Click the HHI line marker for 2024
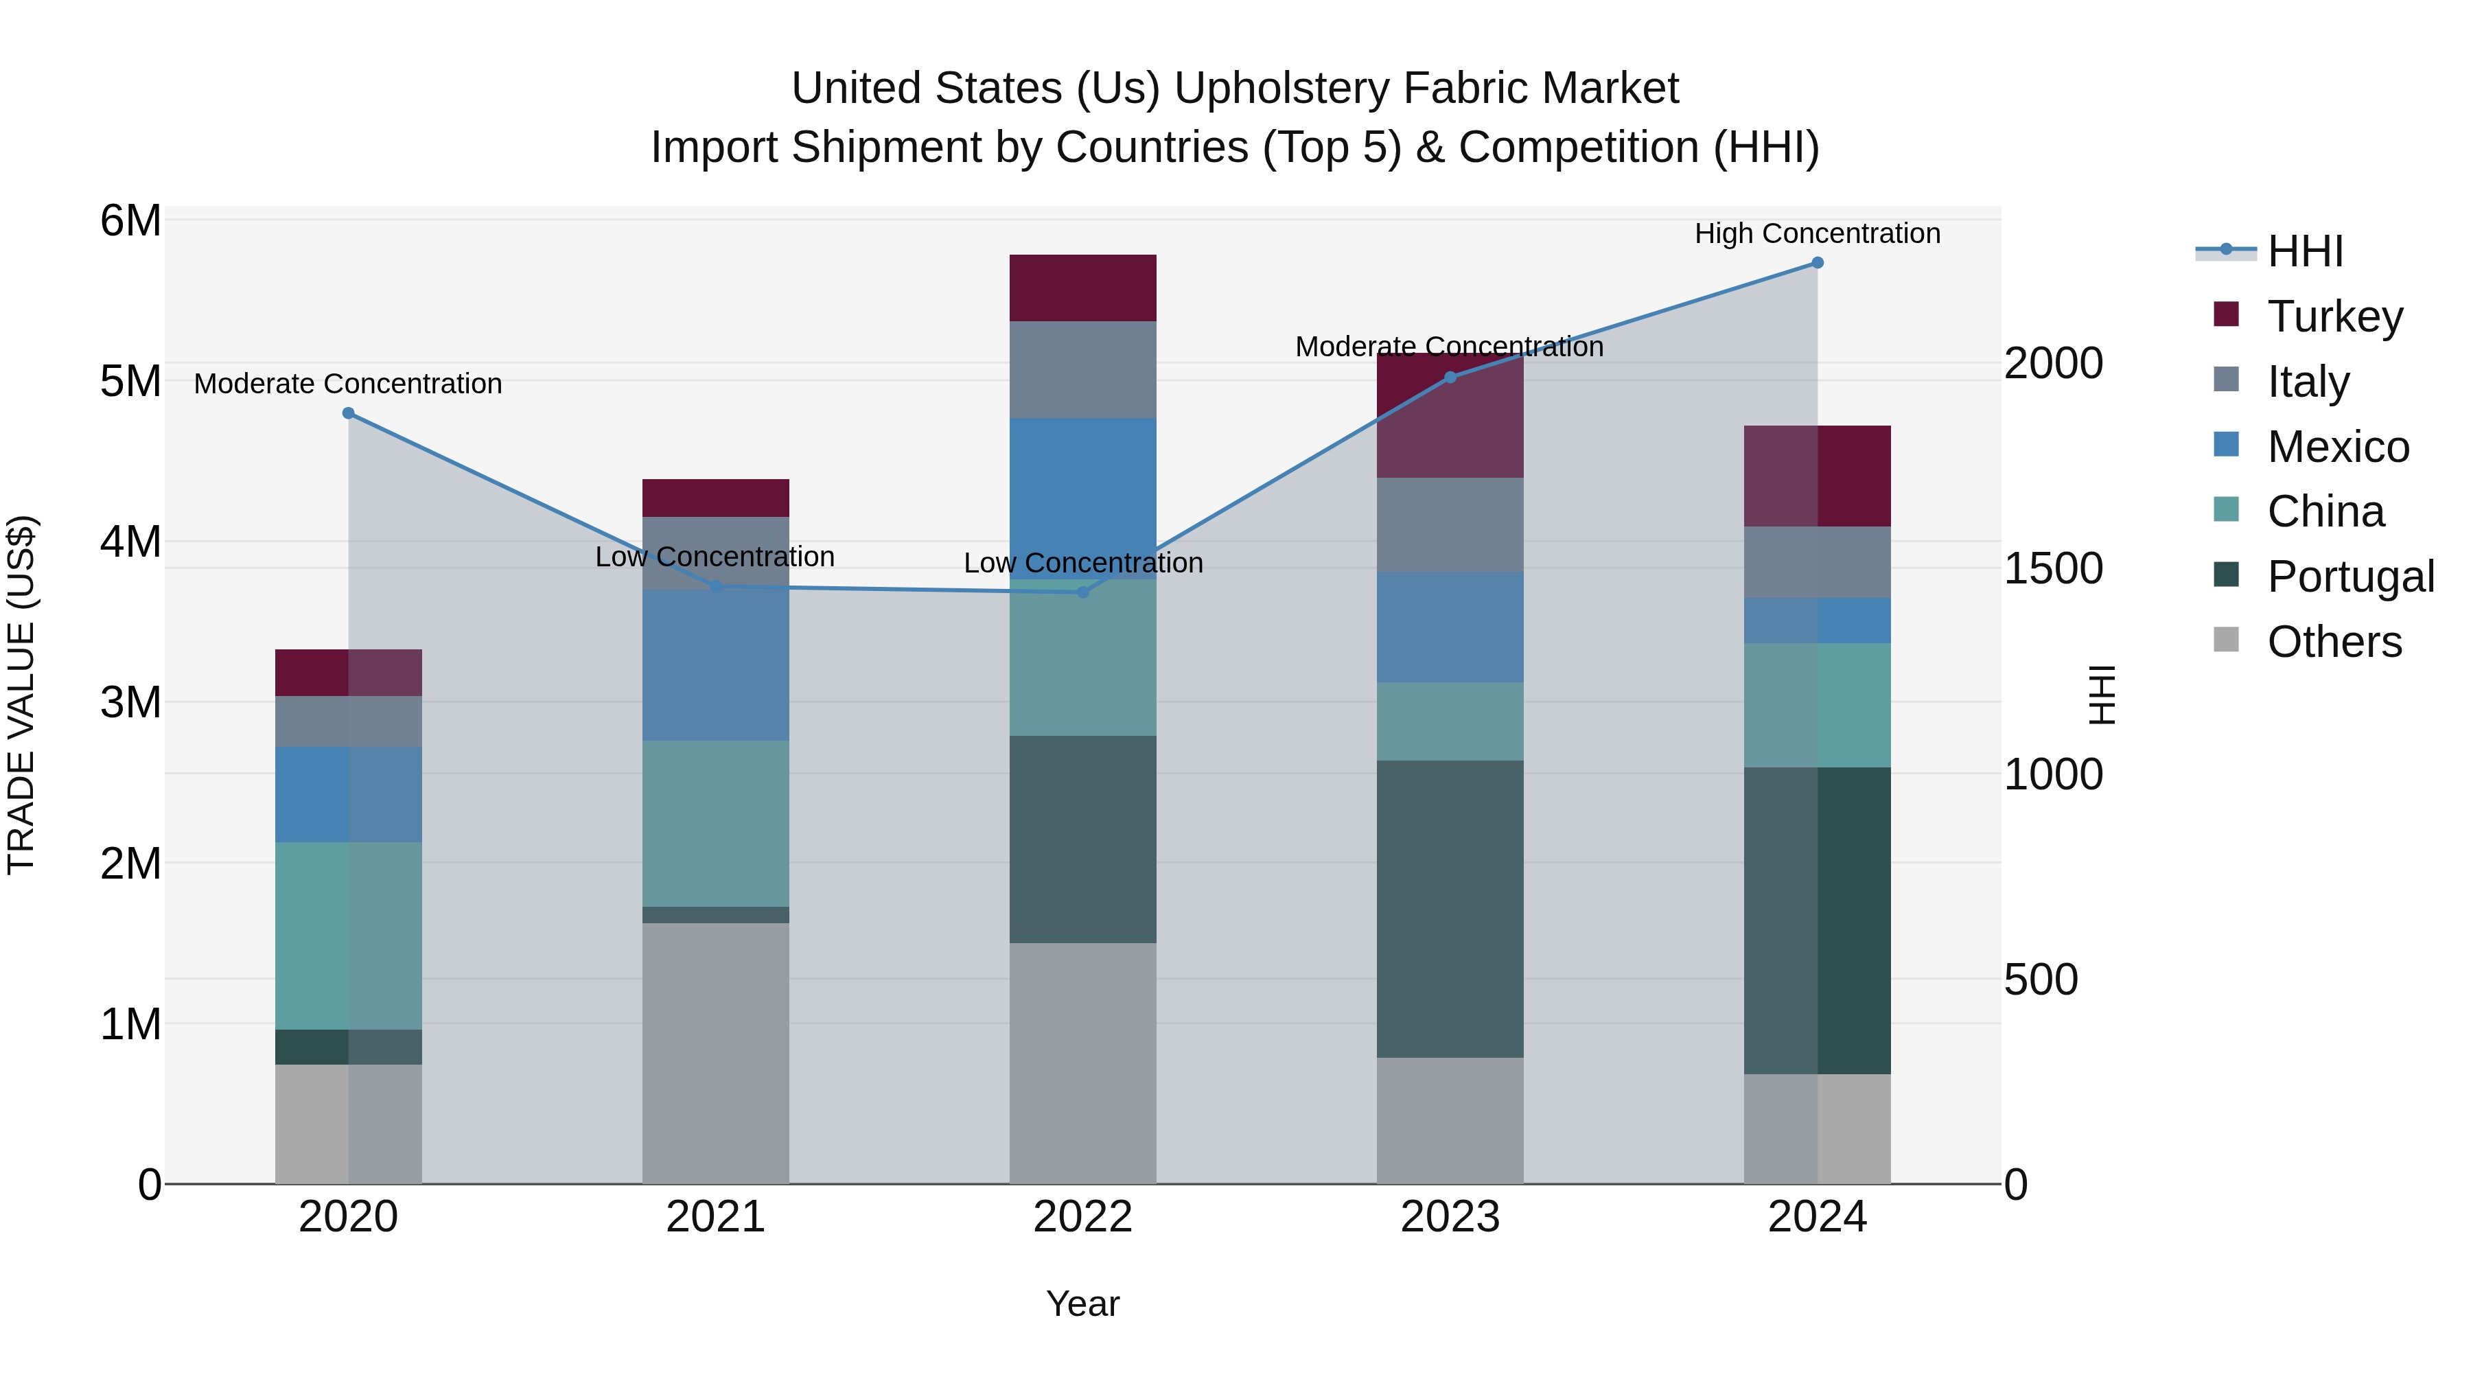tap(1817, 263)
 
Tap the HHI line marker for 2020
tap(348, 413)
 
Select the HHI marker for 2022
tap(1083, 592)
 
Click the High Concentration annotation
tap(1817, 233)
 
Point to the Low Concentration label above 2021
tap(715, 557)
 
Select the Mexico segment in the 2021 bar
tap(715, 664)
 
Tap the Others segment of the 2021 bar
tap(715, 1052)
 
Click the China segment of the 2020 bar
tap(348, 936)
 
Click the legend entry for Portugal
tap(2350, 577)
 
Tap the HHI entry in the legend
tap(2304, 251)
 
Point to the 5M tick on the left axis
tap(130, 381)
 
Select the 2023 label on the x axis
tap(1450, 1217)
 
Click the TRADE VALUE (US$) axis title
tap(21, 695)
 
